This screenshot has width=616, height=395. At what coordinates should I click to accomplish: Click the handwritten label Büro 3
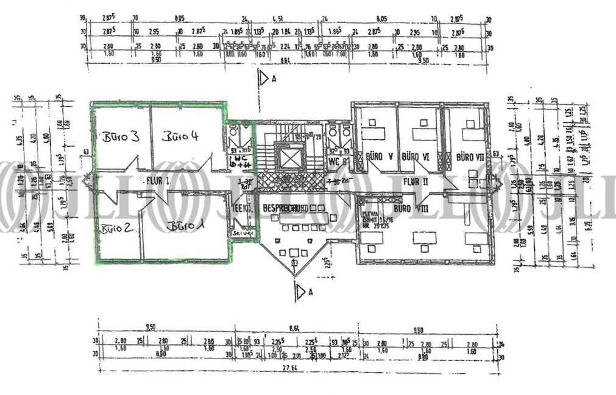[120, 137]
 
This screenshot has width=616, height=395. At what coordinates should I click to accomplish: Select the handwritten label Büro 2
[116, 229]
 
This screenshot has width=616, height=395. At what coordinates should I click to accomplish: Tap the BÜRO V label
[379, 156]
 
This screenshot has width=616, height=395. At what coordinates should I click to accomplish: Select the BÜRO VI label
[417, 156]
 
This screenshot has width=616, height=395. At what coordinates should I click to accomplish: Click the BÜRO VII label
[469, 156]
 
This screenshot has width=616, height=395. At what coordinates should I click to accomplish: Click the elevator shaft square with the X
[289, 158]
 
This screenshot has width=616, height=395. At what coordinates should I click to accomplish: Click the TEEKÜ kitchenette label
[237, 208]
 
